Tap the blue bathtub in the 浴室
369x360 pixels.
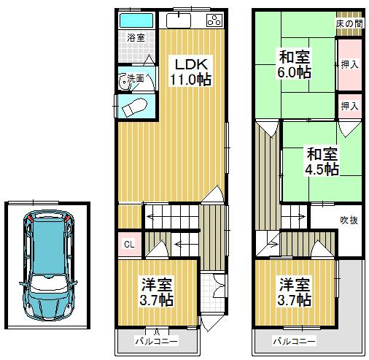(136, 20)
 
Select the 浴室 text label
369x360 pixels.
(136, 37)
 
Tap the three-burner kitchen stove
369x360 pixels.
(215, 20)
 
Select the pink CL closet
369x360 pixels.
(128, 245)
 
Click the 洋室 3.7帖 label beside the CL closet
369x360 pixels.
(157, 291)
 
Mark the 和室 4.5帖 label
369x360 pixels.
(321, 161)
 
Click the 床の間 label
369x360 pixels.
(349, 23)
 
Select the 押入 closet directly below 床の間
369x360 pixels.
(349, 64)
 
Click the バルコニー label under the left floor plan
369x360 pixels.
(156, 341)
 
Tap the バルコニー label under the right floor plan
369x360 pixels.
(295, 341)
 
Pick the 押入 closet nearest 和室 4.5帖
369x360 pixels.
(349, 106)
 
